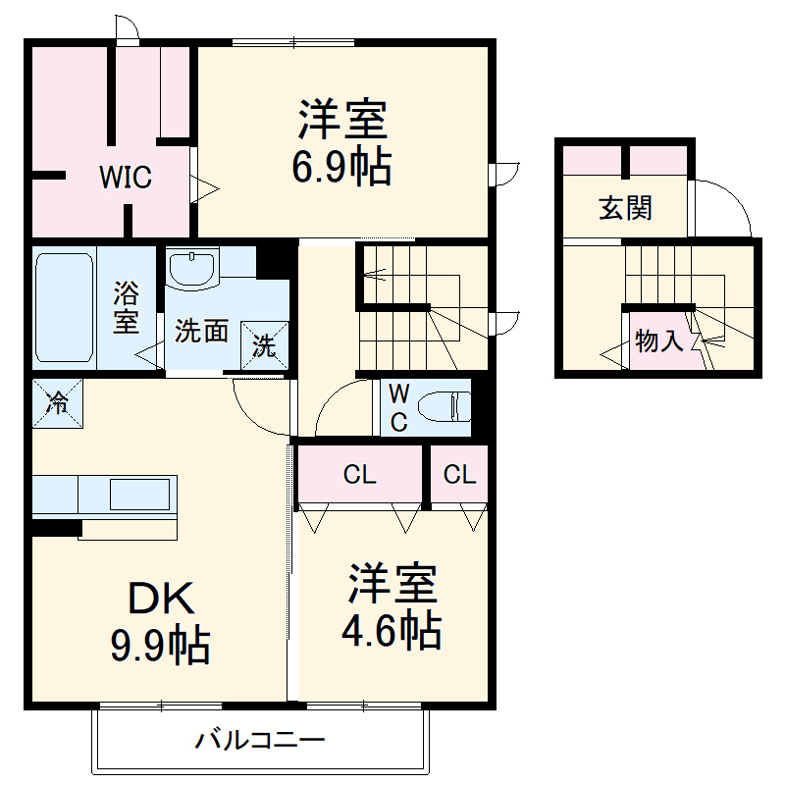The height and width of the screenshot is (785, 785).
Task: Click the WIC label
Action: click(x=124, y=179)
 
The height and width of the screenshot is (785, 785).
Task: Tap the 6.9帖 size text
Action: click(x=340, y=169)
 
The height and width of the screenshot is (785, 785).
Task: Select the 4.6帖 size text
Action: click(x=391, y=631)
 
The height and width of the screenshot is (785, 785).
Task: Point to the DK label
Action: click(x=159, y=598)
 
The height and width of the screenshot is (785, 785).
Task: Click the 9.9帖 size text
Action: click(x=159, y=646)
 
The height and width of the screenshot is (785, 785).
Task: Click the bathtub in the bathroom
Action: click(x=65, y=306)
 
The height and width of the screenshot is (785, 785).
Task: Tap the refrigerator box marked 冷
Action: click(x=58, y=401)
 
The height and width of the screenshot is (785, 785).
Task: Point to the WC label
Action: click(x=399, y=408)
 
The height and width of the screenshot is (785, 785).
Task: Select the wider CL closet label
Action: click(x=359, y=476)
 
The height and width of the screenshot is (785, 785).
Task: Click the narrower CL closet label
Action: click(x=459, y=476)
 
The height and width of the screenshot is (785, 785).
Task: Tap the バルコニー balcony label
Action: click(x=259, y=739)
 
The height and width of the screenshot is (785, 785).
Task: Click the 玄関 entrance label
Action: click(x=626, y=208)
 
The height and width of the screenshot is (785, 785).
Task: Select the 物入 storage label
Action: click(x=658, y=342)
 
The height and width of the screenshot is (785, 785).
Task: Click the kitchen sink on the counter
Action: click(x=138, y=494)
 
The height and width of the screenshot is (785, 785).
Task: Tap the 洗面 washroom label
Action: click(x=201, y=332)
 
